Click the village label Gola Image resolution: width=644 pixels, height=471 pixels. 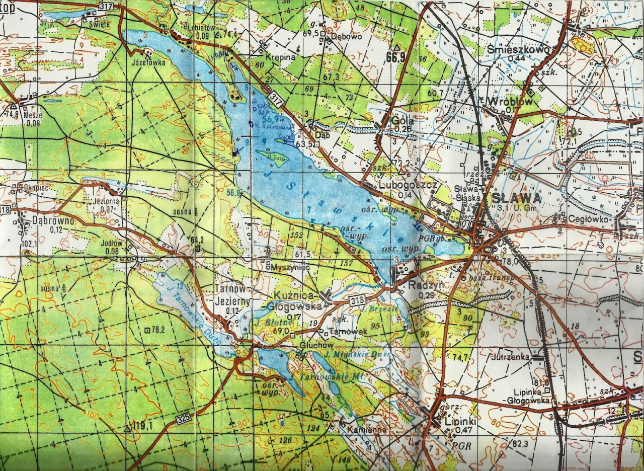tap(403, 121)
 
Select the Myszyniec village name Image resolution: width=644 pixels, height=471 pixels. tap(289, 267)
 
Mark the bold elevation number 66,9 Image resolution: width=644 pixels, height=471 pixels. tap(396, 56)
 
